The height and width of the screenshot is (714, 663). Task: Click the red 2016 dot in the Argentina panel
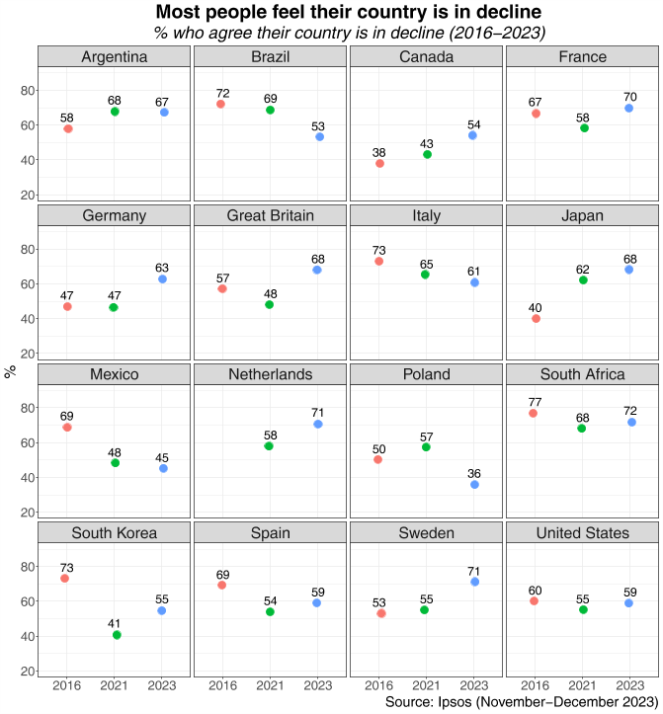[67, 128]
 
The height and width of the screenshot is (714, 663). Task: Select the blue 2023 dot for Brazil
[319, 136]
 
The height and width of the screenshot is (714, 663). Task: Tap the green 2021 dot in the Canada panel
[427, 154]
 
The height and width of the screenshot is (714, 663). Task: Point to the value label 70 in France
[628, 96]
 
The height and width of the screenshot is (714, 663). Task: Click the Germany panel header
[115, 215]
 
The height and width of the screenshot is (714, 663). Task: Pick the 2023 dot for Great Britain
[317, 270]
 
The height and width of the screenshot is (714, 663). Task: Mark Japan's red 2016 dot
[536, 319]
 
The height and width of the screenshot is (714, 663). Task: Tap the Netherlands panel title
[271, 374]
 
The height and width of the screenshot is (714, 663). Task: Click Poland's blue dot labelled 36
[474, 484]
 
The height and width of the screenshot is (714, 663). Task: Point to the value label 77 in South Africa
[533, 401]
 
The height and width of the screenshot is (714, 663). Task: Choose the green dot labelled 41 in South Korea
[117, 635]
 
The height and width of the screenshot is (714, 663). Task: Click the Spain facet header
[271, 533]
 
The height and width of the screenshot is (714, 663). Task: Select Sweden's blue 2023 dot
[475, 582]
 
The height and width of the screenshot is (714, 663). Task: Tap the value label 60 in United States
[535, 589]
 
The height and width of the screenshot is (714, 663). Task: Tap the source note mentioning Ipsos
[522, 702]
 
